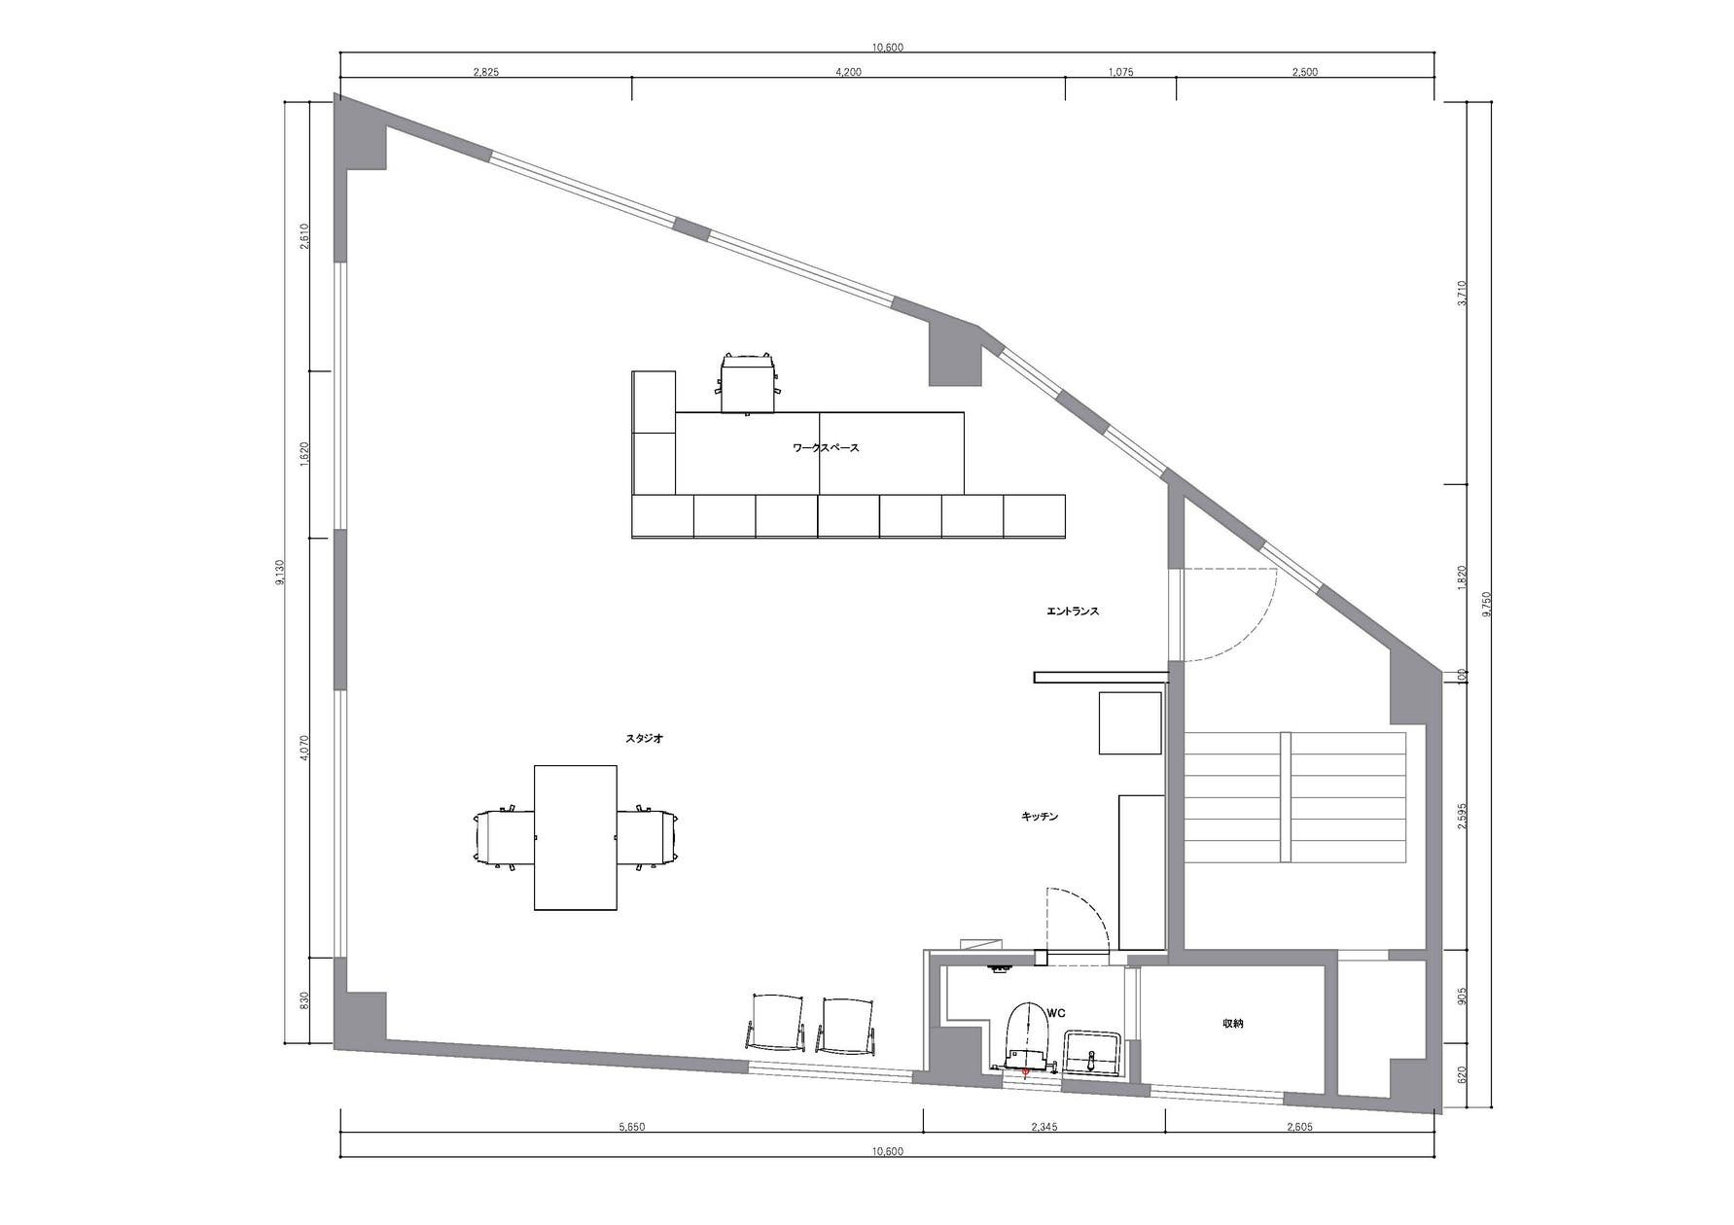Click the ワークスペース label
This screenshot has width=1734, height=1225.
pos(826,448)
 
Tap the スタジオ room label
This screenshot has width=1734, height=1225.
pos(644,739)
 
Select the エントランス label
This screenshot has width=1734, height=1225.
pos(1073,612)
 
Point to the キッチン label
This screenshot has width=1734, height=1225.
pos(1040,817)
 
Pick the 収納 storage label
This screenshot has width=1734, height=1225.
pos(1233,1024)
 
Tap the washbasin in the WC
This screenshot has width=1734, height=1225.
pos(1094,1053)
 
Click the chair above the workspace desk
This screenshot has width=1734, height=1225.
pos(748,381)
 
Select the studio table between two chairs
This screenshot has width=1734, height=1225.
pos(576,837)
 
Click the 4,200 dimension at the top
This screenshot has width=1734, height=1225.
pos(848,72)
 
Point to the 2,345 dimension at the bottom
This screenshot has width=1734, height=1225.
pos(1044,1128)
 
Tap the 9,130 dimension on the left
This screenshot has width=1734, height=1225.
pos(281,573)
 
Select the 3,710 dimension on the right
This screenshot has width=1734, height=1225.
pos(1462,293)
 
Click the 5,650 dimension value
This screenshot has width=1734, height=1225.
pos(632,1128)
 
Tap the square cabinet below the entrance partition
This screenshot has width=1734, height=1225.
pos(1130,722)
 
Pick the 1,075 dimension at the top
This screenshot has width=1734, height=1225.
pos(1120,72)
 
